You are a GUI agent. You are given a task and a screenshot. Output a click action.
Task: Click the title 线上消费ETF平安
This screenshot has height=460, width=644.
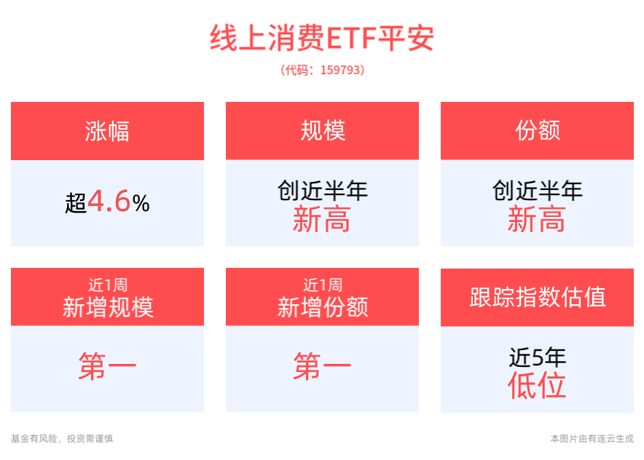(322, 38)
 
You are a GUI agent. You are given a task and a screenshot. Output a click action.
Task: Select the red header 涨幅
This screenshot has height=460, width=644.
(107, 131)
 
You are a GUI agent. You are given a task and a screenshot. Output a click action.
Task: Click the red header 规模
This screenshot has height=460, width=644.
(323, 131)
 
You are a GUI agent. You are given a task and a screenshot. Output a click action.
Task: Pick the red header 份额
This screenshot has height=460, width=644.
(538, 131)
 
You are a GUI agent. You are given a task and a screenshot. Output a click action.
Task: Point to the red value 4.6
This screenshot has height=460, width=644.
(109, 201)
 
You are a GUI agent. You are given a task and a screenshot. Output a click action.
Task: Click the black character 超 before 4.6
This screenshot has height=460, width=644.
(76, 203)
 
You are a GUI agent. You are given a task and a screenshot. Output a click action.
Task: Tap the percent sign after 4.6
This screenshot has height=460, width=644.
(141, 204)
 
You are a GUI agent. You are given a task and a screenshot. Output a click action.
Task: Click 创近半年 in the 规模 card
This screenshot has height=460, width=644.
(323, 191)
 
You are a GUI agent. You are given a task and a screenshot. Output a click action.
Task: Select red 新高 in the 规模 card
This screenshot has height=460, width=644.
(321, 219)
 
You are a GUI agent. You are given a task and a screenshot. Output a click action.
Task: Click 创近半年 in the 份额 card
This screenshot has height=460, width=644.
(537, 191)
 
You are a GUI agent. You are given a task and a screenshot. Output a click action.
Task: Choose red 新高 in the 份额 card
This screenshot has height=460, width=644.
(536, 219)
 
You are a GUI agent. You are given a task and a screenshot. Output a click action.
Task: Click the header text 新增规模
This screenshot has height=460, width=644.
(108, 307)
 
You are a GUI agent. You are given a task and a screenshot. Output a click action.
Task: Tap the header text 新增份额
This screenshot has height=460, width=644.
(323, 307)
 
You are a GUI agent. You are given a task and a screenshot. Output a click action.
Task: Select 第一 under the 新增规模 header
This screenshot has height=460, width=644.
(107, 365)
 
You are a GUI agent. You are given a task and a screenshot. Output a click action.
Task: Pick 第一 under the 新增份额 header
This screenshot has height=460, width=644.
(322, 365)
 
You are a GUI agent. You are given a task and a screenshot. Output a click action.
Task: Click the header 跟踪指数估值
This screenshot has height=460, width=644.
(538, 297)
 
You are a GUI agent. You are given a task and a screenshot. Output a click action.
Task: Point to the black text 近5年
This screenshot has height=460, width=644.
(537, 357)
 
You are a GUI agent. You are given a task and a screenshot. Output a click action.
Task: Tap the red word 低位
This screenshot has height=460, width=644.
(536, 385)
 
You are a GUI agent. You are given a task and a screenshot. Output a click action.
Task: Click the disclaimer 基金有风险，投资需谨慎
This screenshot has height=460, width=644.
(62, 439)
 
